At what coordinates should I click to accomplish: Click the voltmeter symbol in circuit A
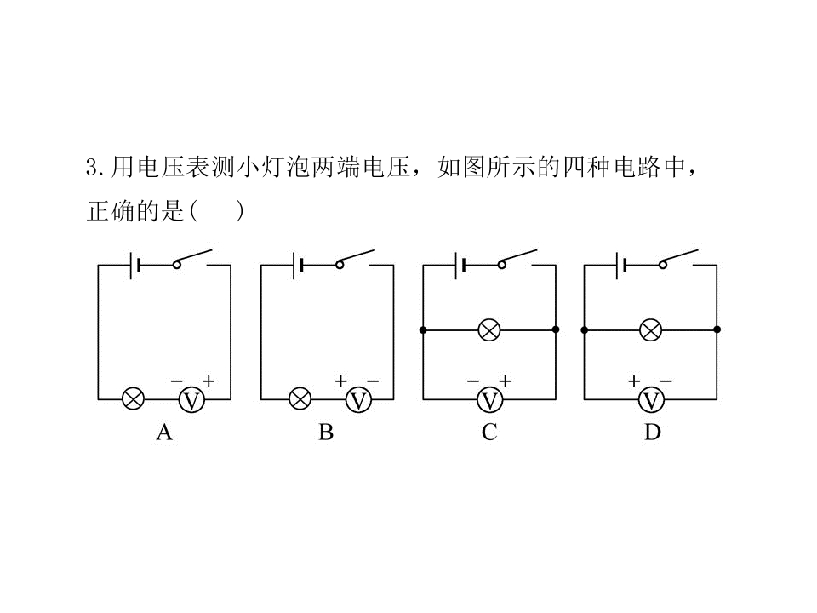pyautogui.click(x=191, y=400)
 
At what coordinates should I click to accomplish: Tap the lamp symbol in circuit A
pyautogui.click(x=133, y=399)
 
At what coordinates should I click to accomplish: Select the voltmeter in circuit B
pyautogui.click(x=358, y=400)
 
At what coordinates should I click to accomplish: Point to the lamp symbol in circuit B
pyautogui.click(x=300, y=399)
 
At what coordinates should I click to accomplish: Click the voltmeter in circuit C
pyautogui.click(x=490, y=400)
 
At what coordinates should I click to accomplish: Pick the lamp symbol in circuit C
pyautogui.click(x=489, y=330)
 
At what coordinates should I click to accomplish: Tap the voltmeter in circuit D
pyautogui.click(x=651, y=400)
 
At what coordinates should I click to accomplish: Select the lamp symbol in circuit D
pyautogui.click(x=651, y=330)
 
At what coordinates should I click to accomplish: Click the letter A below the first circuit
pyautogui.click(x=164, y=433)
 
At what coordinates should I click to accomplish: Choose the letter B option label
pyautogui.click(x=326, y=433)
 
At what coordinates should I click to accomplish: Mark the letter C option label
pyautogui.click(x=489, y=433)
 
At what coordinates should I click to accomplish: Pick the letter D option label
pyautogui.click(x=653, y=433)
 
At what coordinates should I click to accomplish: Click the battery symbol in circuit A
pyautogui.click(x=134, y=266)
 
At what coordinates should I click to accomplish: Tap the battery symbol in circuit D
pyautogui.click(x=620, y=266)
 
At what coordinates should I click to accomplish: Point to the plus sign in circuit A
pyautogui.click(x=209, y=381)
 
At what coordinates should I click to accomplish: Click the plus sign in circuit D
pyautogui.click(x=633, y=381)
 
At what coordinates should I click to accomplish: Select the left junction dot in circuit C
pyautogui.click(x=423, y=330)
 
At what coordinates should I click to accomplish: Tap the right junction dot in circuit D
pyautogui.click(x=717, y=329)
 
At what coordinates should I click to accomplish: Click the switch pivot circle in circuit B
pyautogui.click(x=340, y=265)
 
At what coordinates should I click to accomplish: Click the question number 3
pyautogui.click(x=92, y=168)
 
